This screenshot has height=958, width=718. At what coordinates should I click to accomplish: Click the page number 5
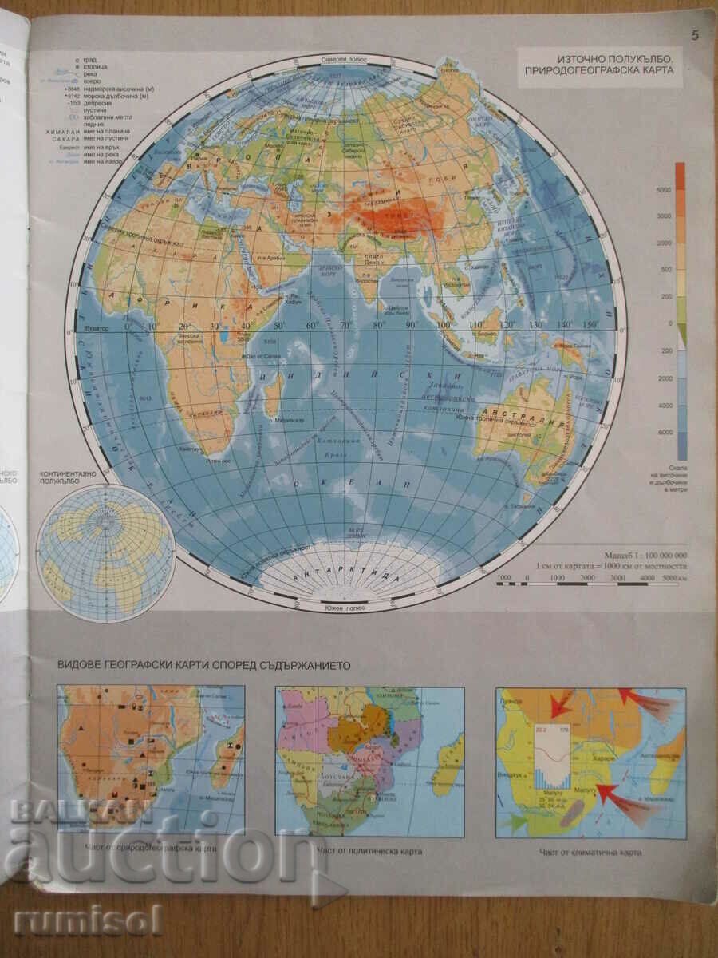pyautogui.click(x=695, y=34)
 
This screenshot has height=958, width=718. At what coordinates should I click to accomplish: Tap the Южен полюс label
pyautogui.click(x=344, y=608)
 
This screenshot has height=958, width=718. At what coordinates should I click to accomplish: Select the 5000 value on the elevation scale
pyautogui.click(x=663, y=189)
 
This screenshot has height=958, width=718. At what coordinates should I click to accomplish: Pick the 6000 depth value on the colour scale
pyautogui.click(x=663, y=432)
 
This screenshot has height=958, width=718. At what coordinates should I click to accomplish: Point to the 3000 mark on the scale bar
pyautogui.click(x=617, y=576)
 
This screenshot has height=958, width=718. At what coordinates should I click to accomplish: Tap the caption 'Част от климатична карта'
pyautogui.click(x=590, y=852)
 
